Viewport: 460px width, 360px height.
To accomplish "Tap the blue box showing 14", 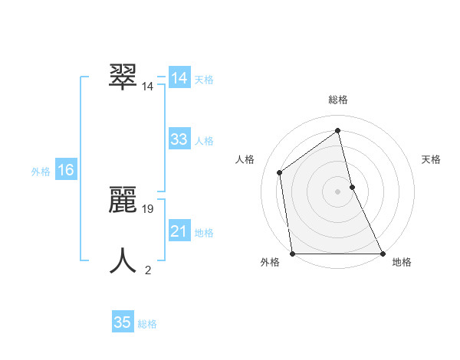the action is point(179,78).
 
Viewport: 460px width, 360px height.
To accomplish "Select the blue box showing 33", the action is point(179,139).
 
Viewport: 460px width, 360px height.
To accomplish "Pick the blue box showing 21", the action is point(179,231).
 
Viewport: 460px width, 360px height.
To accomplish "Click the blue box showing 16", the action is point(66,170).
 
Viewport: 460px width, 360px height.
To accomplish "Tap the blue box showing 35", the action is point(123,322).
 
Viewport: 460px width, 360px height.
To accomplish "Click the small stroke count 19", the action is point(149,208).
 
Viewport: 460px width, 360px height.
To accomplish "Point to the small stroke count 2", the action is point(148,270).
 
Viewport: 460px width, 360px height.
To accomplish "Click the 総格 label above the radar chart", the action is point(338,100).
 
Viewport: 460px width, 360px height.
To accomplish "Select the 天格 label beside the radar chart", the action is point(432,159).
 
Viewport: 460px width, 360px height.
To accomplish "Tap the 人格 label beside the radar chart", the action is point(245,159).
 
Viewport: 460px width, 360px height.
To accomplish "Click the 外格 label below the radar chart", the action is point(270,262).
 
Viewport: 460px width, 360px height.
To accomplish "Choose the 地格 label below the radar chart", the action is point(402,262).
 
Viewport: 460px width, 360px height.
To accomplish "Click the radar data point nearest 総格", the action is point(338,131).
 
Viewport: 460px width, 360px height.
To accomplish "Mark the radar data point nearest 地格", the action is point(382,254).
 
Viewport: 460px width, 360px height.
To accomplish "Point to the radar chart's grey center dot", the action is point(338,191).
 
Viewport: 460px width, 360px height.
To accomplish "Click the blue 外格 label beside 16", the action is point(41,172).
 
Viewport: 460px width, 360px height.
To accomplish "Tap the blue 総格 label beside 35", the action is point(147,324).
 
